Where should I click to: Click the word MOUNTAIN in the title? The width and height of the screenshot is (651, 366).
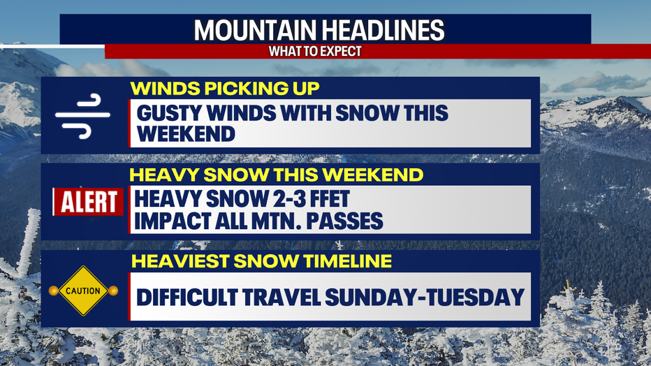tap(255, 30)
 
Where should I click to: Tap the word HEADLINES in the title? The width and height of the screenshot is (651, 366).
tap(383, 30)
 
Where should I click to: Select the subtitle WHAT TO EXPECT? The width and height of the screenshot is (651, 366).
tap(315, 51)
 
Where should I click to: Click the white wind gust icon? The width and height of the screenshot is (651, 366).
tap(82, 116)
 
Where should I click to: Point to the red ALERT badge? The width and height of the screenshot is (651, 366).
tap(88, 202)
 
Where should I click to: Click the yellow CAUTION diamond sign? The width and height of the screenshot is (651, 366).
tap(83, 291)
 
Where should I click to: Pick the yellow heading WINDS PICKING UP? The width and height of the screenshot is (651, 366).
tap(225, 89)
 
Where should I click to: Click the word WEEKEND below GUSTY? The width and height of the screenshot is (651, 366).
tap(186, 134)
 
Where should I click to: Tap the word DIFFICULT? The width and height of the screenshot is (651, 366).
tap(186, 298)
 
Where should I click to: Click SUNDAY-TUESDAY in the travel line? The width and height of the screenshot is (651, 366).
tap(425, 298)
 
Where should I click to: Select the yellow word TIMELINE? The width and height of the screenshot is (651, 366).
tap(348, 261)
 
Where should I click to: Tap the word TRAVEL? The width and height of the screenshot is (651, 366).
tap(281, 298)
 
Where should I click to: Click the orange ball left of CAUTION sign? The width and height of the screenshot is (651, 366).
tap(53, 291)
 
